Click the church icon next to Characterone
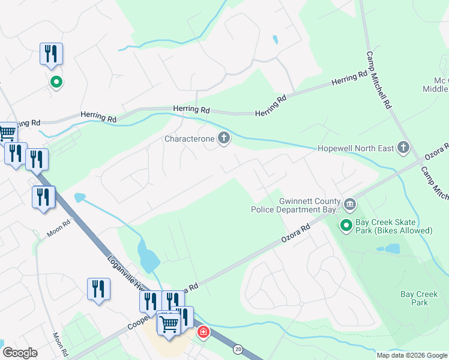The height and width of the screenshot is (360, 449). (x=224, y=139)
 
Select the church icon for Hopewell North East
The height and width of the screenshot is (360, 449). (x=403, y=147)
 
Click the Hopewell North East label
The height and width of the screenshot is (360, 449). (x=355, y=148)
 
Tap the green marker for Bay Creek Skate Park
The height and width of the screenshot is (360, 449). (x=346, y=226)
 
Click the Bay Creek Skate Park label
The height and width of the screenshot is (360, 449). (x=393, y=226)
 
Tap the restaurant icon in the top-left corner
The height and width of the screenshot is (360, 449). (x=51, y=54)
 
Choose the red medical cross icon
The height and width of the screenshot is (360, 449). (x=203, y=332)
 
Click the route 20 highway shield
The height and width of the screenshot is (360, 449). (x=238, y=349)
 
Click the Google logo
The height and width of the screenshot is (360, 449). (x=20, y=353)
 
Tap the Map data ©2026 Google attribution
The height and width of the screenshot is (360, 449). (x=411, y=355)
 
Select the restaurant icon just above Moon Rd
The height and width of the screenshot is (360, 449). (x=43, y=197)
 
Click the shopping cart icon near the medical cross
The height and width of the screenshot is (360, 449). (x=169, y=324)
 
